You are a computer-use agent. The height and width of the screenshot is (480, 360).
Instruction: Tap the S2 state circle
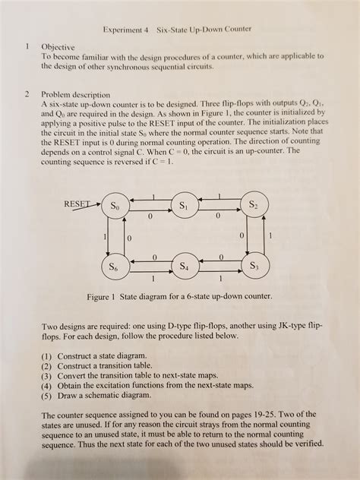click(x=254, y=206)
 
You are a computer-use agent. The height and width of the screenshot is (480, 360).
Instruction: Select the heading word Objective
click(x=59, y=46)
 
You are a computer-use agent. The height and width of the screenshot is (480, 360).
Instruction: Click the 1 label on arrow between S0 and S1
click(x=153, y=197)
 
